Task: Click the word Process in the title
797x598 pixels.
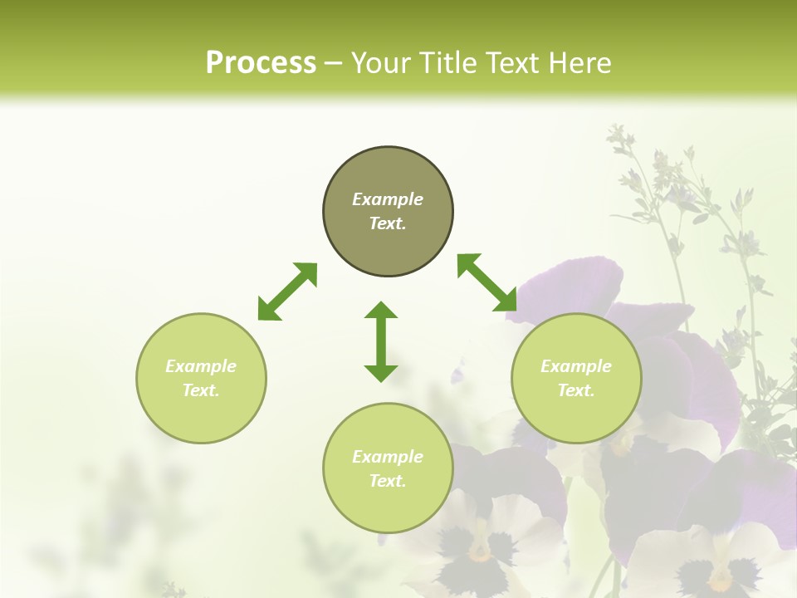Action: pyautogui.click(x=261, y=63)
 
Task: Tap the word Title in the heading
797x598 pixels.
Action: pyautogui.click(x=452, y=63)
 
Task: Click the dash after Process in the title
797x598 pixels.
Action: pyautogui.click(x=333, y=64)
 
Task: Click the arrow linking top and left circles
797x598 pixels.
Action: pyautogui.click(x=287, y=292)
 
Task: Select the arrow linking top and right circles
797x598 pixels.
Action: pyautogui.click(x=487, y=283)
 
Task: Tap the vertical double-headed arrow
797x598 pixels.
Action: pyautogui.click(x=381, y=341)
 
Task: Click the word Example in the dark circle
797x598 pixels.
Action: pyautogui.click(x=388, y=199)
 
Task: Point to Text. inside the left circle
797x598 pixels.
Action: pyautogui.click(x=201, y=390)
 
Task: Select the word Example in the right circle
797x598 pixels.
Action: pyautogui.click(x=576, y=366)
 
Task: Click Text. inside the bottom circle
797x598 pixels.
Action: pyautogui.click(x=388, y=481)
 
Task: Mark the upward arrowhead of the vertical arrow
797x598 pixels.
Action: pyautogui.click(x=381, y=311)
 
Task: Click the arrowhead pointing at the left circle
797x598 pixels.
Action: pyautogui.click(x=268, y=310)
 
